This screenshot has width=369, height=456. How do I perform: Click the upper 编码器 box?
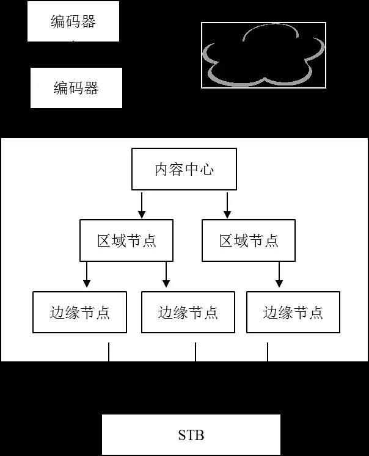coord(73,22)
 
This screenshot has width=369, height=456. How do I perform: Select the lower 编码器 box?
coord(76,88)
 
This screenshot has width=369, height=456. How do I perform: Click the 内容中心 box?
coord(184,169)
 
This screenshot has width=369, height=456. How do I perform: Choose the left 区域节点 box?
coord(126,241)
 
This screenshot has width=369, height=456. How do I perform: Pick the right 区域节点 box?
coord(249,241)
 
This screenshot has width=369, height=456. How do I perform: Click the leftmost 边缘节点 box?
coord(79,313)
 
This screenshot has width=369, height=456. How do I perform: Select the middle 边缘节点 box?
coord(188,313)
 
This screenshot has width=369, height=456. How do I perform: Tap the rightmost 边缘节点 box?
coord(293,313)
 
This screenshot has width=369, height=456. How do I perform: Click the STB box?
coord(191,435)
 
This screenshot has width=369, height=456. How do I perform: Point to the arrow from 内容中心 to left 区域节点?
coord(142,205)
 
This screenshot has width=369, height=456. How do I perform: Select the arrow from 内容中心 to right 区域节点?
coord(227,205)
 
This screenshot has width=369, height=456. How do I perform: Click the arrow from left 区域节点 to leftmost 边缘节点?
coord(87,275)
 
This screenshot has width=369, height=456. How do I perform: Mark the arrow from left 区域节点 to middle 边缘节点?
coord(166,275)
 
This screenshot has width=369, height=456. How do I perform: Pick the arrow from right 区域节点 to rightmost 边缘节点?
coord(279,275)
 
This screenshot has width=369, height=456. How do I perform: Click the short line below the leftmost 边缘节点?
coord(109,352)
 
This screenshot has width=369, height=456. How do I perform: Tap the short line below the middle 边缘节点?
coord(195,352)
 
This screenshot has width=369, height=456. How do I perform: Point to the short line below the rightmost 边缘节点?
coord(268,352)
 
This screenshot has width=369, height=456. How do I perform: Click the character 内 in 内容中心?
coord(162,169)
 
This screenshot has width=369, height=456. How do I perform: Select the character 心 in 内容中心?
coord(206,169)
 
